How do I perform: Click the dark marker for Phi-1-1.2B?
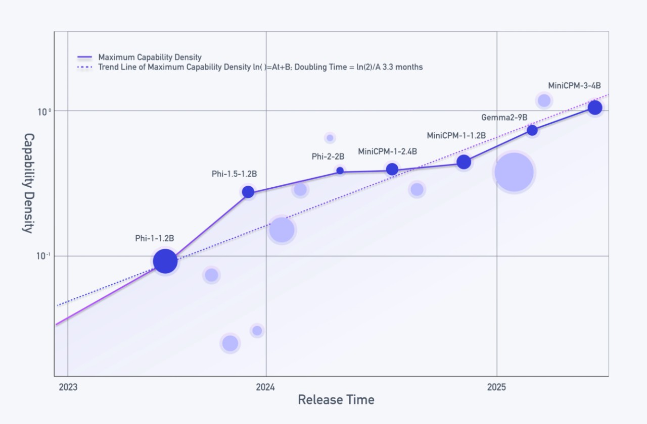pyautogui.click(x=165, y=261)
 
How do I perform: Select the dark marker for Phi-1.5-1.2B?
pyautogui.click(x=248, y=192)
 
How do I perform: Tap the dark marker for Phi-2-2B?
pyautogui.click(x=340, y=171)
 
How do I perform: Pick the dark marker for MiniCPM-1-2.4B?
pyautogui.click(x=392, y=169)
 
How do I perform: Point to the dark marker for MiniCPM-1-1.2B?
pyautogui.click(x=464, y=162)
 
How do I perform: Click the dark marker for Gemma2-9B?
pyautogui.click(x=532, y=130)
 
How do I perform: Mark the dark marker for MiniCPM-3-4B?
pyautogui.click(x=595, y=108)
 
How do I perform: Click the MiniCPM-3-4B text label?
pyautogui.click(x=575, y=86)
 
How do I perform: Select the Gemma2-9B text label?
pyautogui.click(x=504, y=118)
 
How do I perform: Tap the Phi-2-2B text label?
pyautogui.click(x=328, y=156)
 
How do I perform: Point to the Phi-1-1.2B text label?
pyautogui.click(x=155, y=238)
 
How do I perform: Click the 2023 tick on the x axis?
pyautogui.click(x=68, y=387)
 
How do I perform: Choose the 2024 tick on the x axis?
pyautogui.click(x=265, y=387)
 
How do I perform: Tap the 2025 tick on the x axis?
pyautogui.click(x=496, y=387)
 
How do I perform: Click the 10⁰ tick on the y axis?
pyautogui.click(x=44, y=112)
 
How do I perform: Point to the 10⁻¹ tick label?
pyautogui.click(x=43, y=256)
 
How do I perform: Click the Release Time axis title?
pyautogui.click(x=336, y=400)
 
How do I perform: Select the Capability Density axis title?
pyautogui.click(x=29, y=183)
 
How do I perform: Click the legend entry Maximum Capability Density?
pyautogui.click(x=140, y=57)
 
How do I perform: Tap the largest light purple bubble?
pyautogui.click(x=514, y=172)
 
